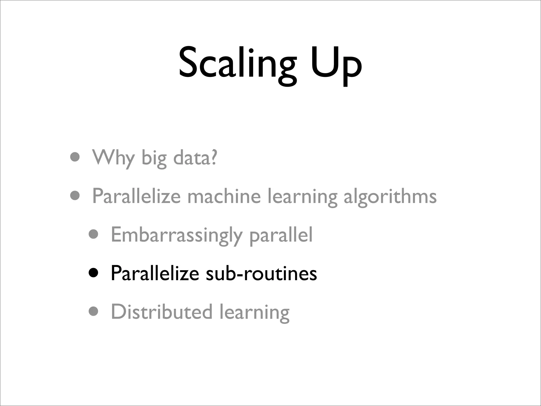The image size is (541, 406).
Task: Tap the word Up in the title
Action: point(335,65)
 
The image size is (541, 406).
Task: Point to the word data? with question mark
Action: point(195,158)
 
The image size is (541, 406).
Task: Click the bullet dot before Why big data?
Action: point(75,157)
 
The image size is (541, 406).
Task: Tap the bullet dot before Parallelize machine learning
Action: point(75,196)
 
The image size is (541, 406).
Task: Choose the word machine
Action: point(224,196)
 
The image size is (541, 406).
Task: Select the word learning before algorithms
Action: point(302,197)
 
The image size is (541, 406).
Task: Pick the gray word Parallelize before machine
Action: point(136,196)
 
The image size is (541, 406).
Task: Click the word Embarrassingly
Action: point(176,235)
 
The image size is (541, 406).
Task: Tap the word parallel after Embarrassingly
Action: point(281,235)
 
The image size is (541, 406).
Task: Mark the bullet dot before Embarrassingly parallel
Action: point(94,234)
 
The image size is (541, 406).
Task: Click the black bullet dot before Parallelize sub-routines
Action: point(94,273)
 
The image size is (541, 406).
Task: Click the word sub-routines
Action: point(262,273)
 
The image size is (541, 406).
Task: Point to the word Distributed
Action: point(162,312)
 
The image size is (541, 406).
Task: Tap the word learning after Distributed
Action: point(254,313)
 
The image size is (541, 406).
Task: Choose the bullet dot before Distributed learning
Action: point(94,311)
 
